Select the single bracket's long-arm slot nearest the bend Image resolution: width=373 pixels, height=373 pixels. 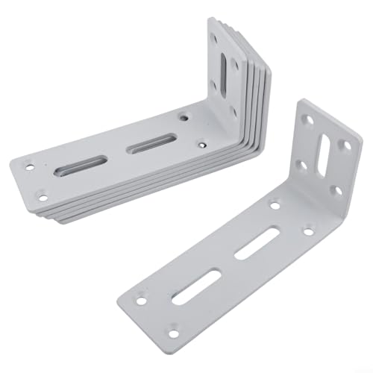click(x=251, y=247)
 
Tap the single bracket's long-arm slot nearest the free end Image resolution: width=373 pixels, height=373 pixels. click(x=195, y=286)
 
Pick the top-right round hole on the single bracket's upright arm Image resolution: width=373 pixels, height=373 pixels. click(x=345, y=145)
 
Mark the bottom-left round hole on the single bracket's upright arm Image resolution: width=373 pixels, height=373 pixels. click(x=300, y=163)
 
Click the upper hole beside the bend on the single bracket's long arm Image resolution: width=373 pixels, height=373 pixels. click(x=275, y=204)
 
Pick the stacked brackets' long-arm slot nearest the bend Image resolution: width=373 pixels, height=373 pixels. click(x=152, y=143)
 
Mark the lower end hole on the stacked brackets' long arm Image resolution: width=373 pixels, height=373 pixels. click(x=42, y=198)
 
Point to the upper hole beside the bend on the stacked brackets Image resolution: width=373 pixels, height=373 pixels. click(x=184, y=116)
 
